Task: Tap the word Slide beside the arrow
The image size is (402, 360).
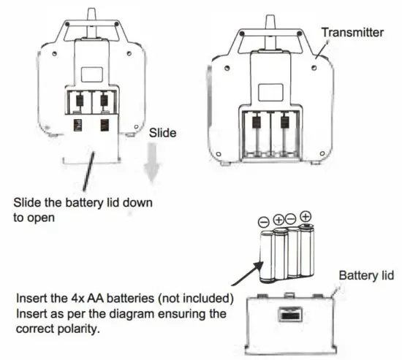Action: [162, 134]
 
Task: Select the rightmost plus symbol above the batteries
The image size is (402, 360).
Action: [306, 216]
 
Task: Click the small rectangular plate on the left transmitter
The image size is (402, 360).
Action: [91, 74]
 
